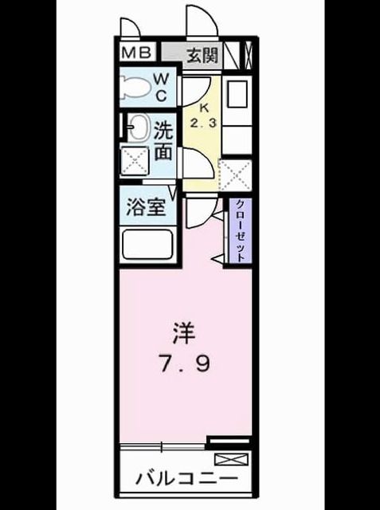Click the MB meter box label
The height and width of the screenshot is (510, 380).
137,53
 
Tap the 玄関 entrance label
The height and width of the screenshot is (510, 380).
202,55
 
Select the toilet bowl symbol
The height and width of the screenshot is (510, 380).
136,87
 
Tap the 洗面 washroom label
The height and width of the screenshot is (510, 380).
163,141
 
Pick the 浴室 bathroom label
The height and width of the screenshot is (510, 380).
147,207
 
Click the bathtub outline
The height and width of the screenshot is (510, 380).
147,245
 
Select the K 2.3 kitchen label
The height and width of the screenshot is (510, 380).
203,116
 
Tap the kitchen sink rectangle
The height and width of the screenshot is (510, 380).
237,94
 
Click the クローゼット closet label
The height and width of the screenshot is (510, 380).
240,231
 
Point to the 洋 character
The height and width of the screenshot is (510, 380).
184,334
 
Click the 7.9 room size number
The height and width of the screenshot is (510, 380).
185,363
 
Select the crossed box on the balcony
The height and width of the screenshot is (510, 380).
231,459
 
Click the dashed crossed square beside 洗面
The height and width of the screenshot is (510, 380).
135,161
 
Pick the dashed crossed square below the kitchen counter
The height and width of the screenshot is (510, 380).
235,175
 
